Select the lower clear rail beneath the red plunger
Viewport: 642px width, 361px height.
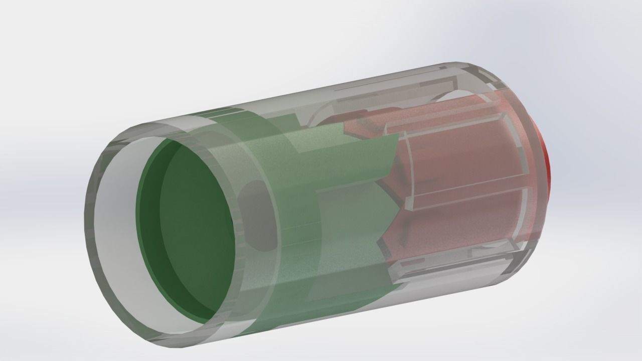click(451, 266)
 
